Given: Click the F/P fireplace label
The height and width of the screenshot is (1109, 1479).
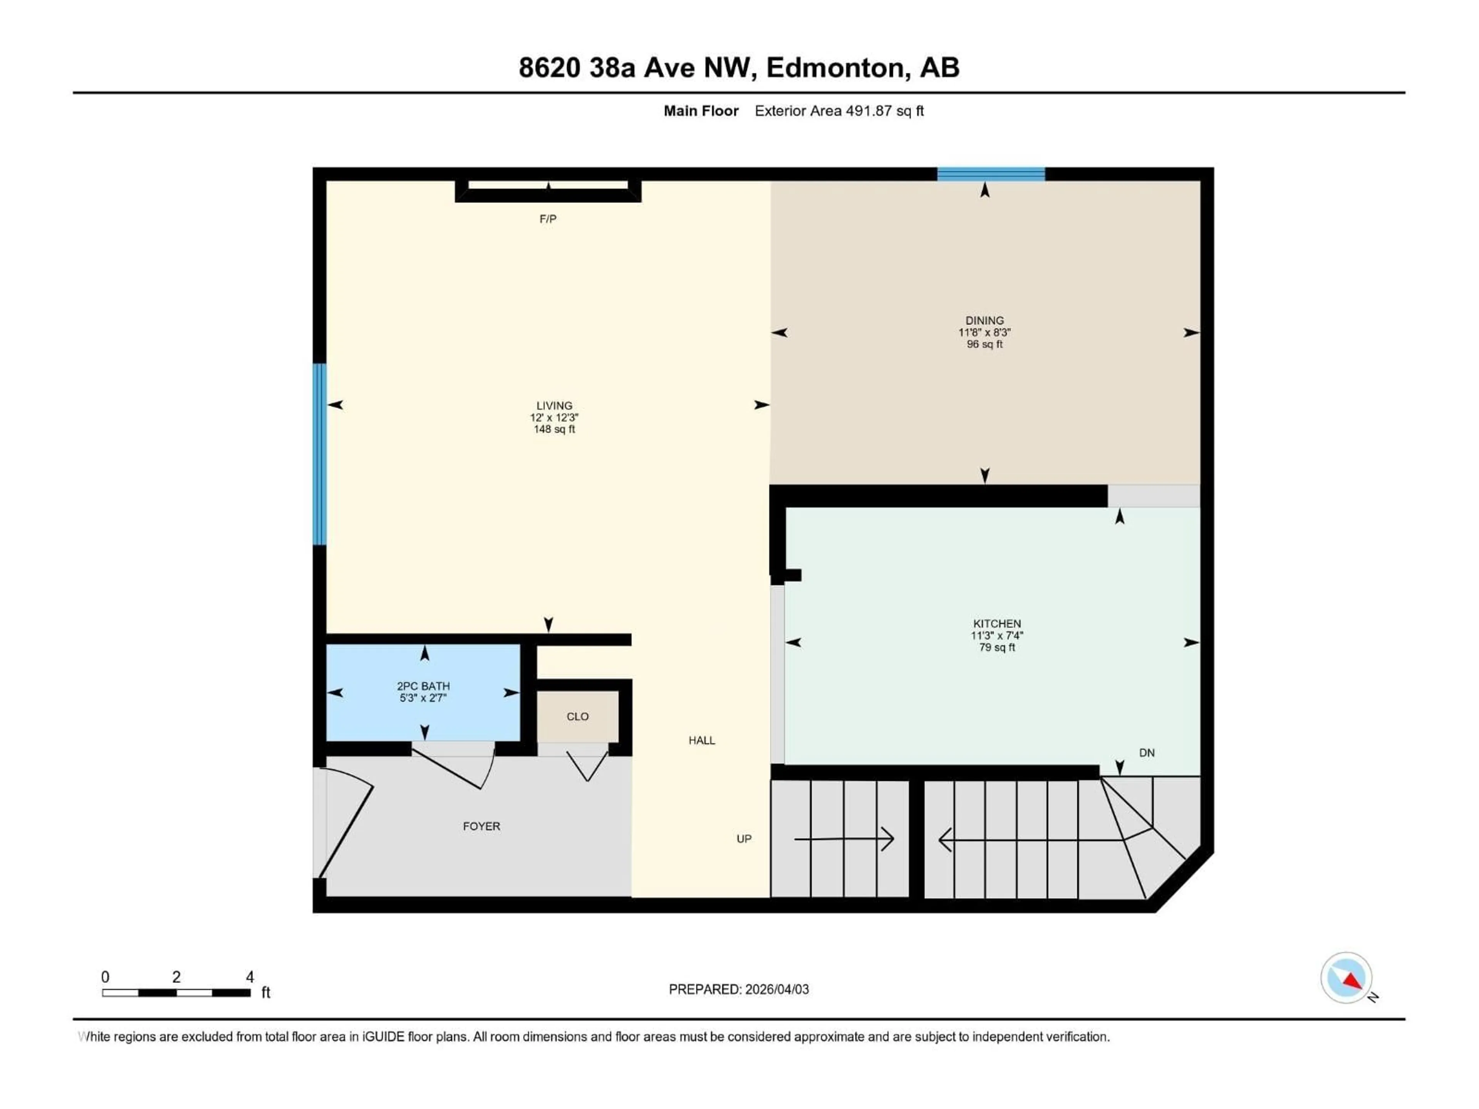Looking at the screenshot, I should coord(548,219).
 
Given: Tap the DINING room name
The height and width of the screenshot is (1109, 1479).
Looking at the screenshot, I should coord(984,321).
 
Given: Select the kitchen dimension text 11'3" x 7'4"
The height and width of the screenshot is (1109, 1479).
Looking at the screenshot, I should coord(997,636).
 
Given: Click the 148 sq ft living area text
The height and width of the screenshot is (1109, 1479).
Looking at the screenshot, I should coord(554,429).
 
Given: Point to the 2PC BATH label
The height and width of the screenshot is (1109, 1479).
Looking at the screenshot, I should coord(423,686).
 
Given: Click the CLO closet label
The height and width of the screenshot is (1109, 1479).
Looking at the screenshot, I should coord(578,717).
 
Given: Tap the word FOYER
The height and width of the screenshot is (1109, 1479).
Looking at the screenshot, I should coord(481,826).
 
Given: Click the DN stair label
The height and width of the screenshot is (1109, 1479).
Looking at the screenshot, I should coord(1147,753).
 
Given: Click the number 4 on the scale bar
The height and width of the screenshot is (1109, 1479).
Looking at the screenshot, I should coord(250,977).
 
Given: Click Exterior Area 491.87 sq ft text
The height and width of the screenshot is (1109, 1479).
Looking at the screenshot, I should coord(839,111).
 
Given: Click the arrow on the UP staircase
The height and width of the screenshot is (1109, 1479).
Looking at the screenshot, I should coord(844,839).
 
